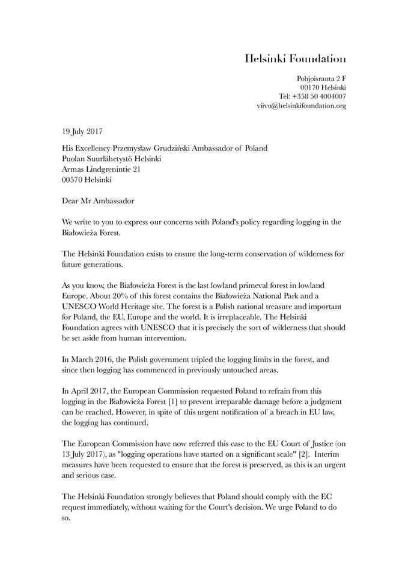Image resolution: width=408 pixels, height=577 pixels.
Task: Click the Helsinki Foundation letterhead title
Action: (295, 59)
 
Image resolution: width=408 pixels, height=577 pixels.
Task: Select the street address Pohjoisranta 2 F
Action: (321, 79)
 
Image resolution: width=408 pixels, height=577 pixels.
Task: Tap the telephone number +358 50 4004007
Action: (323, 96)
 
